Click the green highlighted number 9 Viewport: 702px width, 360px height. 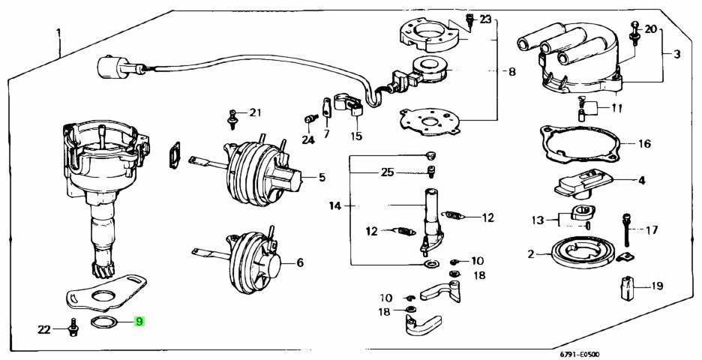tap(139, 322)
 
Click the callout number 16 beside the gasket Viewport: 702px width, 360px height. tap(644, 144)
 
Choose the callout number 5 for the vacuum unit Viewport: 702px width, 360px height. tap(322, 178)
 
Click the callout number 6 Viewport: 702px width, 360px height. tap(299, 262)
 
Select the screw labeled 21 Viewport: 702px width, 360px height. tap(232, 119)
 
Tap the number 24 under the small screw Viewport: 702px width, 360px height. tap(308, 140)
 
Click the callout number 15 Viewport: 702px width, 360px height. tap(356, 136)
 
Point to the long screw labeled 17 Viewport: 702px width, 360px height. tap(626, 229)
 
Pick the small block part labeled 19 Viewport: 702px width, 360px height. tap(626, 287)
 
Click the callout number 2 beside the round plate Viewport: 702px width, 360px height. tap(531, 254)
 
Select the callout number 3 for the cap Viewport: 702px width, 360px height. tap(677, 54)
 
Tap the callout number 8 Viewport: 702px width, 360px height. tap(511, 71)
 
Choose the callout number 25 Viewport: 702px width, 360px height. tap(388, 172)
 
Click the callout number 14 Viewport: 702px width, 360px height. tap(335, 206)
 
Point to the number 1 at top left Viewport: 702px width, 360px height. tap(58, 33)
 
